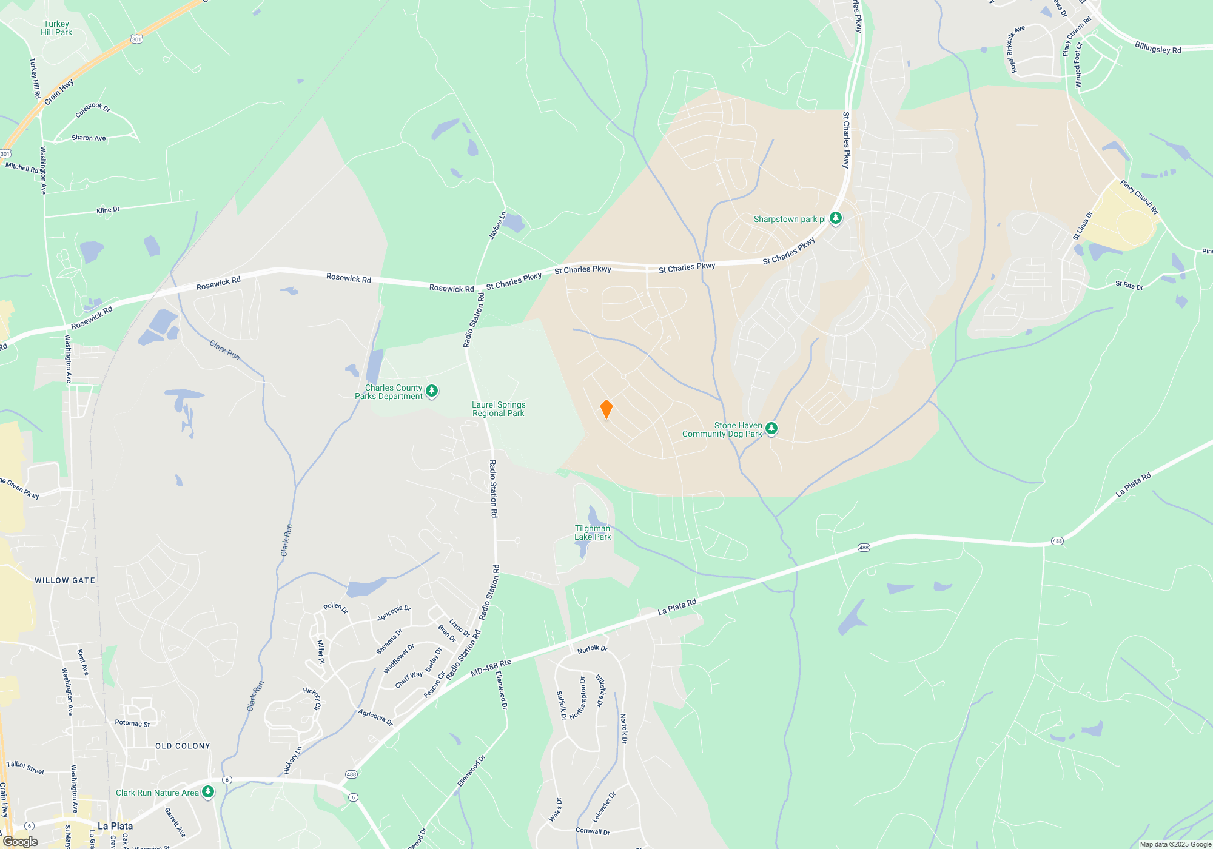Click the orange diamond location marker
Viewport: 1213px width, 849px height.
click(606, 409)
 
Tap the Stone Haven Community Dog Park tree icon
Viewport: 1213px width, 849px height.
click(771, 429)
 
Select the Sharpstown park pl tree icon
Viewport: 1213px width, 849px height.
click(835, 218)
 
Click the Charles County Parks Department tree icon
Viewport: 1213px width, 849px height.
click(432, 391)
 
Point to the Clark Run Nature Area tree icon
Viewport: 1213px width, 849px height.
click(208, 792)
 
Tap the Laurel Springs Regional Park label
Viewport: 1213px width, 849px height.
click(499, 409)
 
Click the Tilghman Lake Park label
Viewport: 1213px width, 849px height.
click(593, 532)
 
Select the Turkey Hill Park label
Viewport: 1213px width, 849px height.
click(56, 29)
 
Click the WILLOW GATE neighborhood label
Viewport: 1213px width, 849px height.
click(65, 580)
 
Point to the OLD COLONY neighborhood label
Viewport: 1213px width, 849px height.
click(183, 746)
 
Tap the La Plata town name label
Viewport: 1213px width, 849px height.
click(115, 826)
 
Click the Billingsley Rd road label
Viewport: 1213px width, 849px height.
click(1158, 48)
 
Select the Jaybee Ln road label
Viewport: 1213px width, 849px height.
click(497, 225)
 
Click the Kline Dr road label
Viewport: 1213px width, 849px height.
click(108, 210)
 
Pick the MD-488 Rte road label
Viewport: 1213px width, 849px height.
click(491, 667)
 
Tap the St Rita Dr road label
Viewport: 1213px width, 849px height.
click(1129, 285)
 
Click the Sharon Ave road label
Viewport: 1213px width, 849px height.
click(89, 138)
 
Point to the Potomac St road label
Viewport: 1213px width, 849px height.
click(132, 723)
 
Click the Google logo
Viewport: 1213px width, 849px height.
click(21, 842)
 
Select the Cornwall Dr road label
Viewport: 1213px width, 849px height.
click(593, 831)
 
